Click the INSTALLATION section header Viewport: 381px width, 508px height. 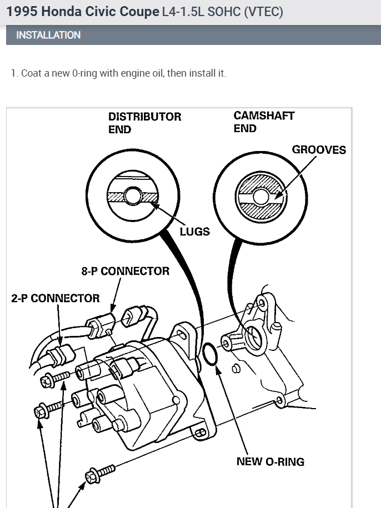[48, 35]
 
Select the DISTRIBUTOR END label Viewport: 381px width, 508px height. [144, 123]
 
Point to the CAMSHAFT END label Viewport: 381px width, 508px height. [264, 122]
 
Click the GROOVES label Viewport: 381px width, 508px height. [319, 150]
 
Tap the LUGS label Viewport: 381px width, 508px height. [194, 232]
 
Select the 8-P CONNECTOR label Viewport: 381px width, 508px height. [125, 271]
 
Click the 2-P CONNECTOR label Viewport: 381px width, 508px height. [56, 298]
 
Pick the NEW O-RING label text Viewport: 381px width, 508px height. [270, 461]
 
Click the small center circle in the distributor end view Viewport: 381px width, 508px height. [133, 196]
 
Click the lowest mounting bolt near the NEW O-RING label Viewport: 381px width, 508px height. [100, 474]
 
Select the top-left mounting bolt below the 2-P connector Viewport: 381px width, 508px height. [54, 380]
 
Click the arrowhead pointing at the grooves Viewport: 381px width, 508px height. [276, 195]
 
